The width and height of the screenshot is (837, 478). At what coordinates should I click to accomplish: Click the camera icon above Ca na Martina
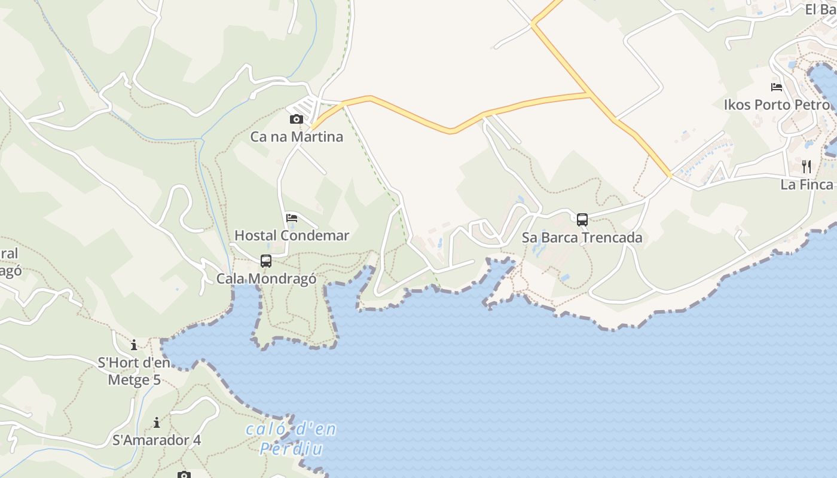coord(296,119)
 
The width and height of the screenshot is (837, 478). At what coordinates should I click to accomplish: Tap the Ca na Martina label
coord(297,137)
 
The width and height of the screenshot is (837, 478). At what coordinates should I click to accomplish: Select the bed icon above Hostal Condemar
coord(292,217)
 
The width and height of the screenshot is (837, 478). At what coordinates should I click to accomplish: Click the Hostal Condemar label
coord(292,235)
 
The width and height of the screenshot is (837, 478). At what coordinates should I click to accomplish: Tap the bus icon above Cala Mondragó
coord(266,261)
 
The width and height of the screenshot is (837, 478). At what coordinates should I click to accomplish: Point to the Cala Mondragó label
coord(266,279)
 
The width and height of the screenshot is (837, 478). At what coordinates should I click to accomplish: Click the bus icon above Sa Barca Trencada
coord(582,219)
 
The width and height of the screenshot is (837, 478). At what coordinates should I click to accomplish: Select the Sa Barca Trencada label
coord(582,238)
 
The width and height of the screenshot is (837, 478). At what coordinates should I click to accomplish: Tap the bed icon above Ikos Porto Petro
coord(777,87)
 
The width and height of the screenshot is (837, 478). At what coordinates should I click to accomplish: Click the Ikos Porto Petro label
coord(777,105)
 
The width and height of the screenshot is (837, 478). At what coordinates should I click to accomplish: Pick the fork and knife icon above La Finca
coord(807,166)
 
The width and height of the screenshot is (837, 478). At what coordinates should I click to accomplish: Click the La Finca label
coord(807,185)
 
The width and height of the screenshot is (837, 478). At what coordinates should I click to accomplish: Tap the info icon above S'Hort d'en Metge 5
coord(134,345)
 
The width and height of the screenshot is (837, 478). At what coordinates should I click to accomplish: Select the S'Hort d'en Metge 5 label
coord(134,371)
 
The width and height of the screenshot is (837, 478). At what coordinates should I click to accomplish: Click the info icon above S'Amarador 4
coord(157,423)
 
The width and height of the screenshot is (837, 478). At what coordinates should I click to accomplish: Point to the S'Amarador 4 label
coord(157,440)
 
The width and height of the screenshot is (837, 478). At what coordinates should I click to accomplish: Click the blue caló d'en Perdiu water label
coord(291,439)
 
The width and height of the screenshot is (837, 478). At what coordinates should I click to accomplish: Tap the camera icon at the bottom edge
coord(184,474)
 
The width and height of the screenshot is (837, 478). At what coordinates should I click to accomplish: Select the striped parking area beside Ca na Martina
coord(307,109)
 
